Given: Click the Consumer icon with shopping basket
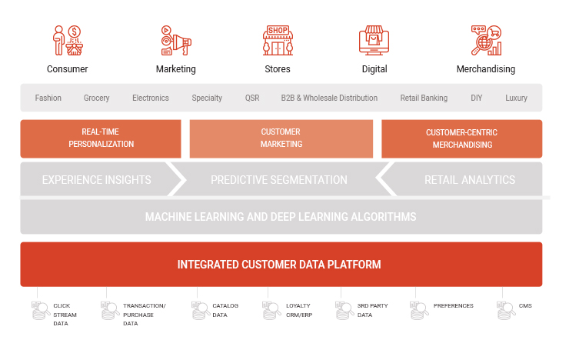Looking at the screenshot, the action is coord(68,40).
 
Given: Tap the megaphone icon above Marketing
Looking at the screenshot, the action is coord(176,40).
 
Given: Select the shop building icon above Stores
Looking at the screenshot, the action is coord(278,40).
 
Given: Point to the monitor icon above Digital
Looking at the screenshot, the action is coord(374,40).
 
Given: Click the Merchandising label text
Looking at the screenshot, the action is coord(485,69).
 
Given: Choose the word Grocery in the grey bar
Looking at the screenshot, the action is coord(97,98).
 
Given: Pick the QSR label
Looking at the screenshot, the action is coord(252,98).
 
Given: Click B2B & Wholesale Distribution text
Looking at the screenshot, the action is coord(329,98).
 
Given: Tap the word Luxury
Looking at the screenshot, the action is coord(516,98).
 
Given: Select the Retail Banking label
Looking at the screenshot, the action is coord(424,98).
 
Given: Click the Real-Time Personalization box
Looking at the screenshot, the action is coord(101,138).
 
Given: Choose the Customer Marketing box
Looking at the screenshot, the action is coord(281,138).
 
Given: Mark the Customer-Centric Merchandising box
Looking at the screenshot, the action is coord(462,138).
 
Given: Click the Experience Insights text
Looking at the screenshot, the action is coord(97,180).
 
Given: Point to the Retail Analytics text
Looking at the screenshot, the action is coord(470,180).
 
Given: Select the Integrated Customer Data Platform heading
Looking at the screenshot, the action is coord(279,265).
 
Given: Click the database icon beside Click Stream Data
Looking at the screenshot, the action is coord(41,311).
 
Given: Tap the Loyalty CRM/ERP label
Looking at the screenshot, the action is coord(299,310).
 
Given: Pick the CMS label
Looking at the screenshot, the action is coord(525,306).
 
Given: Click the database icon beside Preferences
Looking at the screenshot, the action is coord(419,311).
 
